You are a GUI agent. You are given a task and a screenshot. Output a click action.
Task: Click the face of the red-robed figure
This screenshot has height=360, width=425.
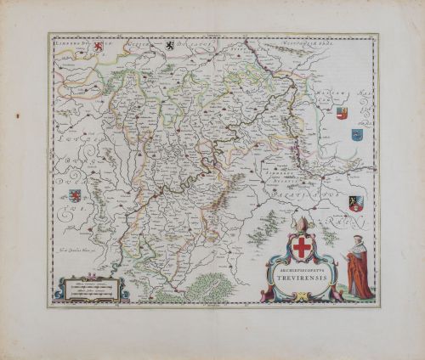(x=357, y=240)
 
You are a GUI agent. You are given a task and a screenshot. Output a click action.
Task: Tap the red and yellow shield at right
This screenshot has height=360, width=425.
(x=342, y=113)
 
